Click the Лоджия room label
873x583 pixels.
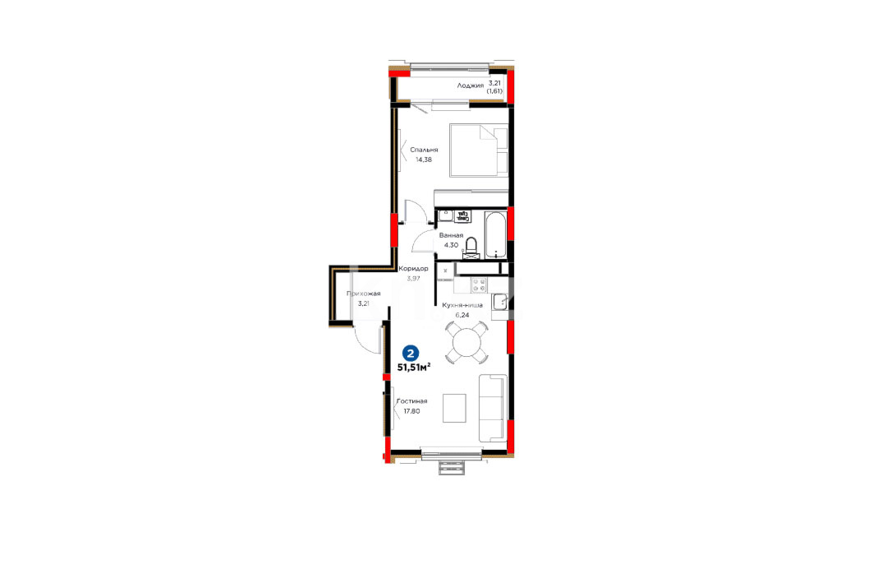pyautogui.click(x=470, y=86)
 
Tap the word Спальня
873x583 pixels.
pyautogui.click(x=425, y=150)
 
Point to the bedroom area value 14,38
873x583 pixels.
pyautogui.click(x=424, y=160)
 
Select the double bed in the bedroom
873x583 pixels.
pyautogui.click(x=479, y=150)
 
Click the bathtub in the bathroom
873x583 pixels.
pyautogui.click(x=495, y=234)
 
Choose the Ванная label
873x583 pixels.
pyautogui.click(x=451, y=235)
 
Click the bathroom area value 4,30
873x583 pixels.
pyautogui.click(x=451, y=245)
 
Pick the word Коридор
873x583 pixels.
pyautogui.click(x=414, y=269)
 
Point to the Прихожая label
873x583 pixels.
pyautogui.click(x=364, y=294)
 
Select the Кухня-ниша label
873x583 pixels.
pyautogui.click(x=462, y=305)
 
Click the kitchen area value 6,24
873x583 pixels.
pyautogui.click(x=462, y=315)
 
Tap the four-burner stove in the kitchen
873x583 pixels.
pyautogui.click(x=479, y=285)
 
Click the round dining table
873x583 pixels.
pyautogui.click(x=466, y=342)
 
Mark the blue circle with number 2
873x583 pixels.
pyautogui.click(x=411, y=353)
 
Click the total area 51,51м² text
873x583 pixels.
pyautogui.click(x=414, y=368)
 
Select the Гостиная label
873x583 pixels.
pyautogui.click(x=412, y=401)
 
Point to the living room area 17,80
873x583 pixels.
pyautogui.click(x=412, y=411)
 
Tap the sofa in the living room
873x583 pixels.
pyautogui.click(x=493, y=408)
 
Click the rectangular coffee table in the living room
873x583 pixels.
pyautogui.click(x=454, y=409)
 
